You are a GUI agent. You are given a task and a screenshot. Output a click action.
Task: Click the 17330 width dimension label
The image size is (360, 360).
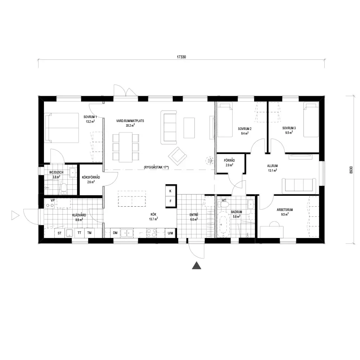(x=181, y=57)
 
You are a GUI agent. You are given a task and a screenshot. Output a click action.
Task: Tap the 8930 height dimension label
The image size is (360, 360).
(x=351, y=170)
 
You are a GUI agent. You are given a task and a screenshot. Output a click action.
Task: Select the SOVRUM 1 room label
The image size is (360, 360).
(x=90, y=117)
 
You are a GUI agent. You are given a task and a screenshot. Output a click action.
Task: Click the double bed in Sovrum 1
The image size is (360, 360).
(x=62, y=128)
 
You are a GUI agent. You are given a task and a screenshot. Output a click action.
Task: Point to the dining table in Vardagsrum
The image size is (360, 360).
(x=126, y=147)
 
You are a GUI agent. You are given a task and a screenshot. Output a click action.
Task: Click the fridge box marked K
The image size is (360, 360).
(x=170, y=191)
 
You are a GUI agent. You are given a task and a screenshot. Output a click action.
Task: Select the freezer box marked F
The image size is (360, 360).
(x=170, y=201)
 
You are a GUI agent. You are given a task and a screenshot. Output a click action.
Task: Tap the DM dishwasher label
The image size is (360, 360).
(x=115, y=233)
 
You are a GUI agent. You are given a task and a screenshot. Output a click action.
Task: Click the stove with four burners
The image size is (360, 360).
(x=152, y=233)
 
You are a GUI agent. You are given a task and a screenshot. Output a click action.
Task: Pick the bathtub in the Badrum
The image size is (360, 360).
(x=224, y=224)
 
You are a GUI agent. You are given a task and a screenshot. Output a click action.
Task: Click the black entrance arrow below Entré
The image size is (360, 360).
(x=197, y=265)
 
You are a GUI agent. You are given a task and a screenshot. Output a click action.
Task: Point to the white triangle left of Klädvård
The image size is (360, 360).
(x=15, y=216)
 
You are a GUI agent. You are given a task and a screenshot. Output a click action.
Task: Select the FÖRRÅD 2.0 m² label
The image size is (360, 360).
(x=229, y=163)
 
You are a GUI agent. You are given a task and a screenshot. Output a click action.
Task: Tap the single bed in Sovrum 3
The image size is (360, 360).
(x=311, y=120)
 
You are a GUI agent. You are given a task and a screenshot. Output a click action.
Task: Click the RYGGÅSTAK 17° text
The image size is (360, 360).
(x=156, y=167)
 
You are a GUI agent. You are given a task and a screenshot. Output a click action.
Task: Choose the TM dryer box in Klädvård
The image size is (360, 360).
(x=89, y=233)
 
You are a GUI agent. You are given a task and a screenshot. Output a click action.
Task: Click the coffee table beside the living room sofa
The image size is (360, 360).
(x=189, y=128)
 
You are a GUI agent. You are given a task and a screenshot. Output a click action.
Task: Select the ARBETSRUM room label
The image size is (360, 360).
(x=285, y=210)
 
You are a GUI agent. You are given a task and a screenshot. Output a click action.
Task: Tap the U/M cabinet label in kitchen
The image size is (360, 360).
(x=170, y=233)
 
